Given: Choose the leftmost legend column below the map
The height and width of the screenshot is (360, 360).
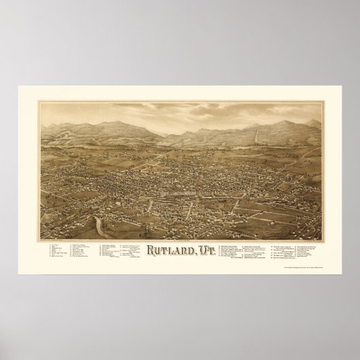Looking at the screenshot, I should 57,252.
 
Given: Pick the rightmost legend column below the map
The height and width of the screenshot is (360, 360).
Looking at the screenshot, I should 303,251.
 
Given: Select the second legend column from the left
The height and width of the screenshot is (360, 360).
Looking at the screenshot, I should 84,251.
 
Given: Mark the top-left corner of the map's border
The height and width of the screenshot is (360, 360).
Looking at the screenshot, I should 39,101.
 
